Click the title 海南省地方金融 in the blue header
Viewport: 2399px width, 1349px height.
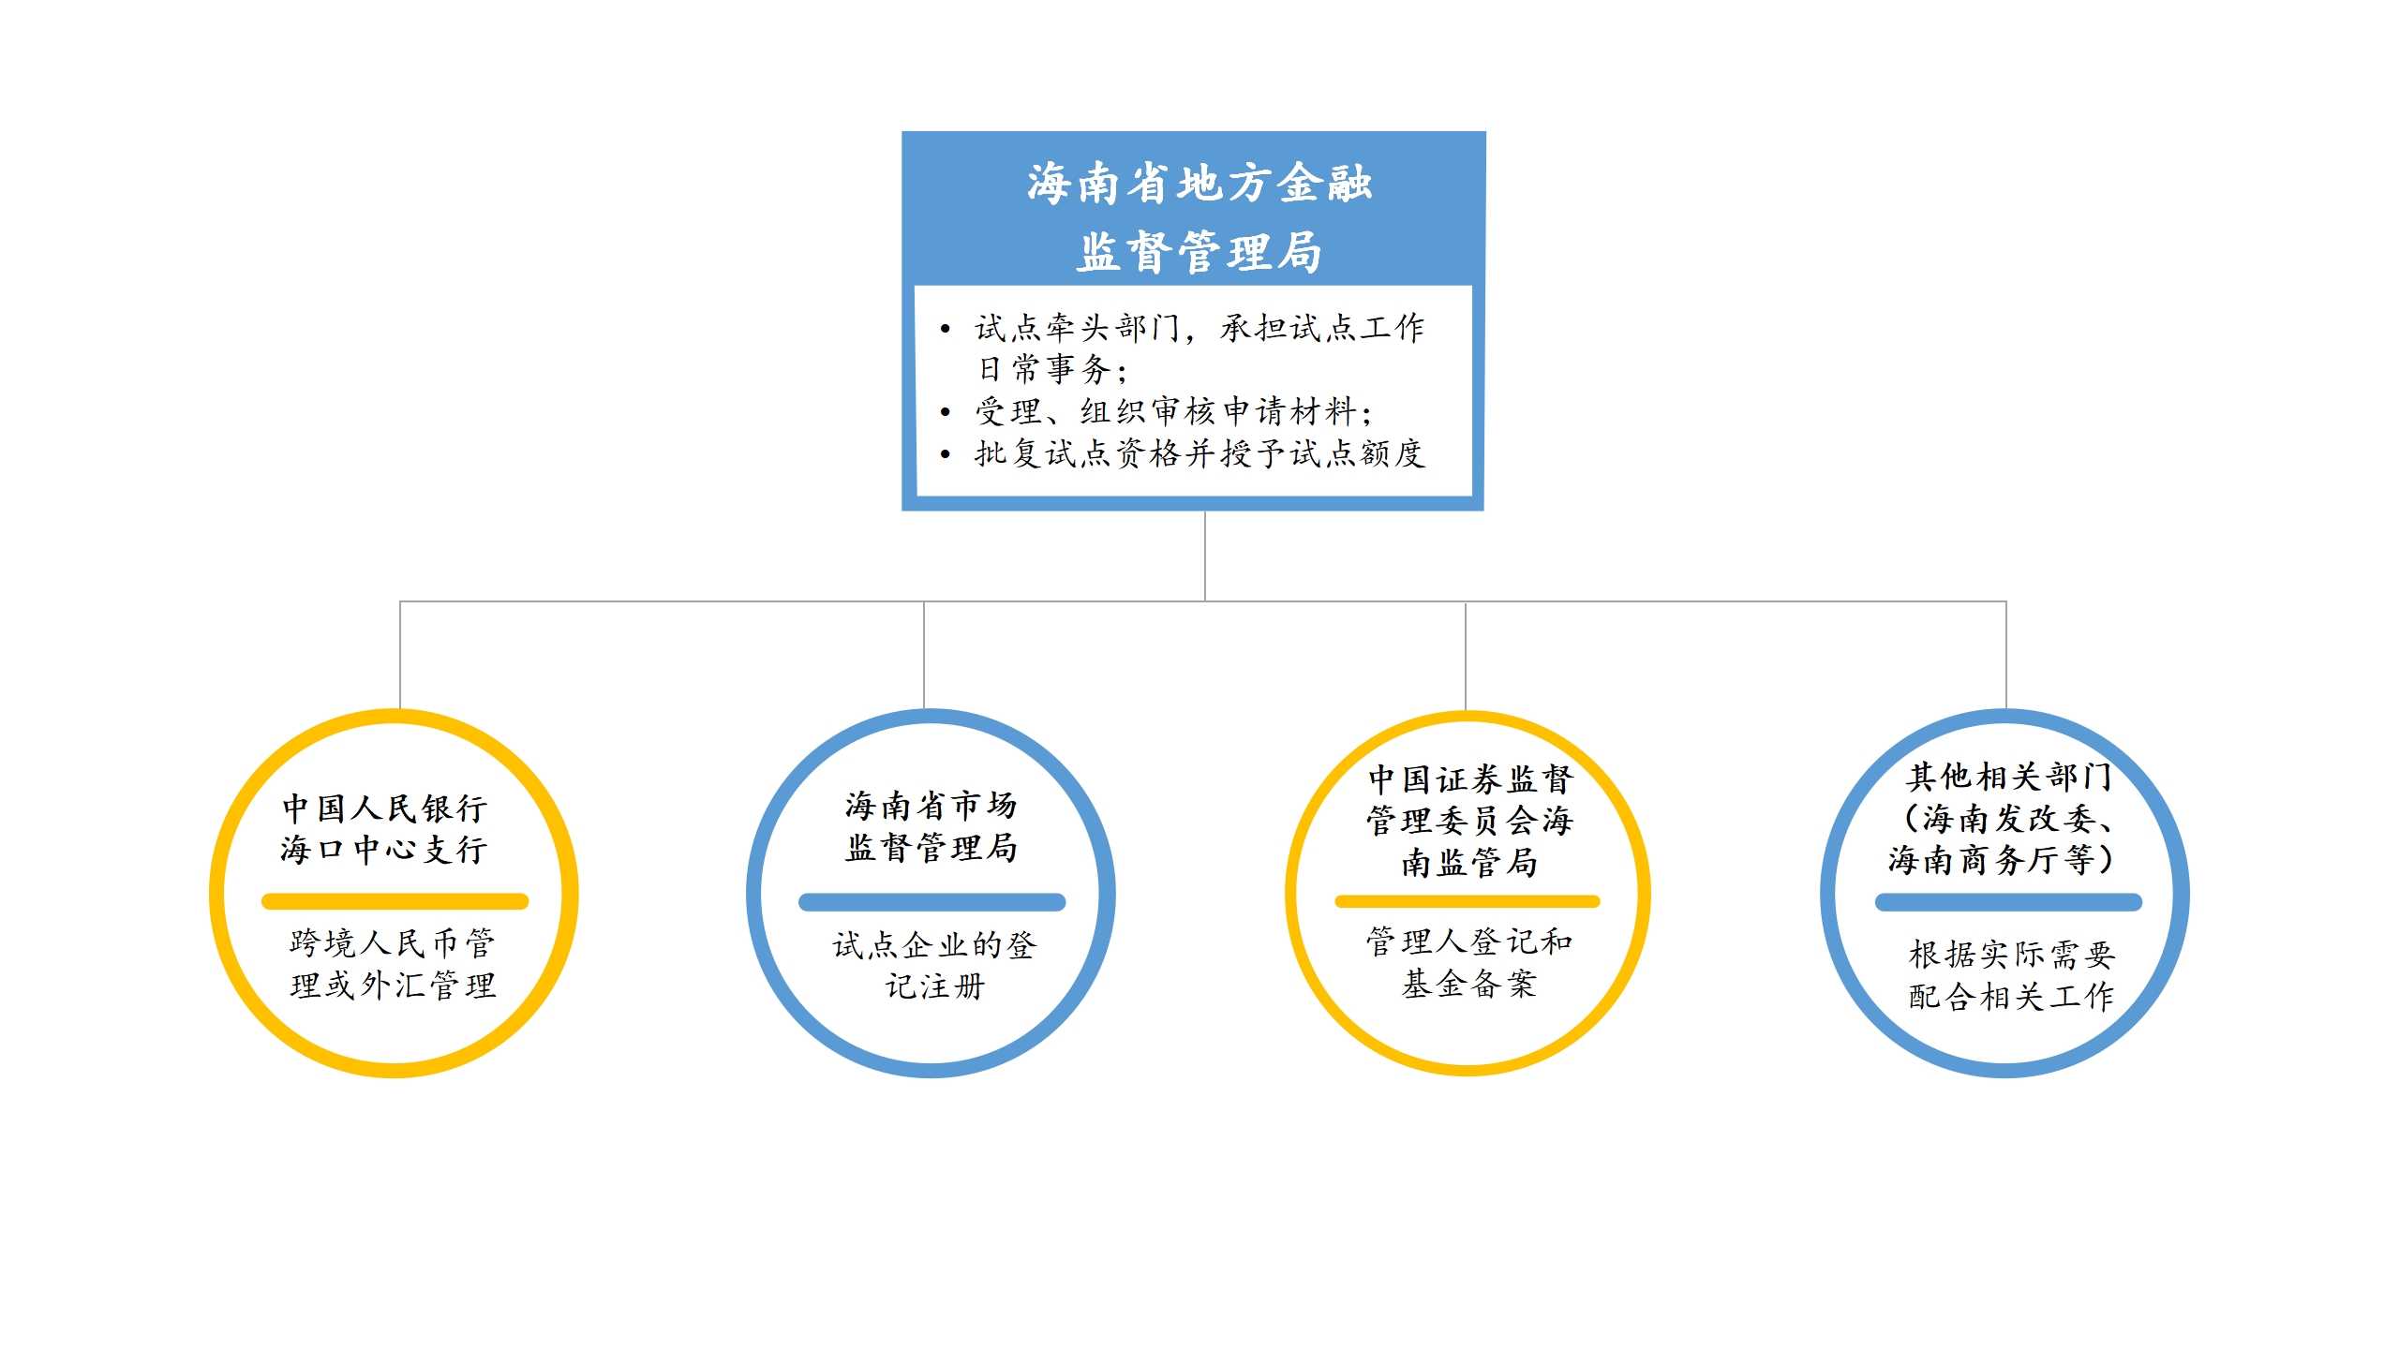(1199, 183)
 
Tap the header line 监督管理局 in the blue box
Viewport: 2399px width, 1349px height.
(1199, 252)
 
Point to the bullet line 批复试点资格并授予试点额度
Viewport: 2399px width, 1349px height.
(1199, 453)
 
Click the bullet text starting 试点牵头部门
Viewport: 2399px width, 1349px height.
(1199, 327)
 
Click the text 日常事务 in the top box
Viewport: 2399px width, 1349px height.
(1044, 368)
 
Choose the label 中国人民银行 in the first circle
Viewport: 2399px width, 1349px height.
(384, 808)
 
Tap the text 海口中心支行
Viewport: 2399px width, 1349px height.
(384, 850)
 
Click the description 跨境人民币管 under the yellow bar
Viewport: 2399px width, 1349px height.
(393, 942)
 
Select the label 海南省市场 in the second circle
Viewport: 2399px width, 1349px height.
(931, 805)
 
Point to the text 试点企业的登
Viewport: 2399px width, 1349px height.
(934, 944)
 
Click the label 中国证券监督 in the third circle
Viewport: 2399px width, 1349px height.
(1470, 778)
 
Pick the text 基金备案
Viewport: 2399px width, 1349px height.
(1469, 983)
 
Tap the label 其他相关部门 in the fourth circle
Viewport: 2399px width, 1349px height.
(2009, 777)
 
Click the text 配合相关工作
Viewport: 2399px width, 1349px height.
(2011, 996)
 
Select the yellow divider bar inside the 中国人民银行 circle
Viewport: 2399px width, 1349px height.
(395, 901)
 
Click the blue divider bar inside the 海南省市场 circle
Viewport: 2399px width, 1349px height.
(931, 902)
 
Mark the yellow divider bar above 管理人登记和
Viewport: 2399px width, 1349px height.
(1467, 901)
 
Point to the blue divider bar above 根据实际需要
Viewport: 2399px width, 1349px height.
(2008, 902)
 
